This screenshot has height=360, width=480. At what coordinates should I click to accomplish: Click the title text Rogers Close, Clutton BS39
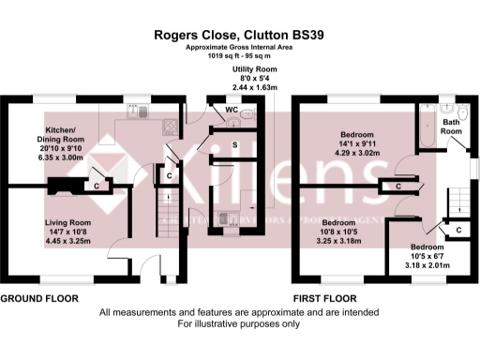(x=239, y=35)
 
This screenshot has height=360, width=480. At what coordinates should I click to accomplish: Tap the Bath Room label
(x=452, y=127)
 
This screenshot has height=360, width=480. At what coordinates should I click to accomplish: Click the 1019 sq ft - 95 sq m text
(x=239, y=56)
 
